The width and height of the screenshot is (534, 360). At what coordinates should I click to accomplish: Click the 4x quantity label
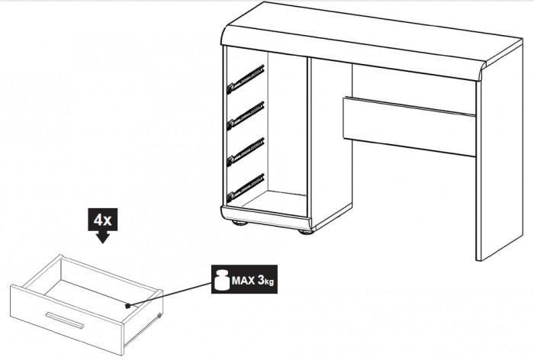(102, 220)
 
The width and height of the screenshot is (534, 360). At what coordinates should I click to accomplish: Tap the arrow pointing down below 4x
(102, 237)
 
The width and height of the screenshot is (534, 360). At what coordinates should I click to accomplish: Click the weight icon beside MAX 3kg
(222, 279)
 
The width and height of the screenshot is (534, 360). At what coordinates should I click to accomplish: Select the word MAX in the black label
(243, 281)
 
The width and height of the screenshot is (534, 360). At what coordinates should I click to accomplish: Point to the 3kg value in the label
(266, 281)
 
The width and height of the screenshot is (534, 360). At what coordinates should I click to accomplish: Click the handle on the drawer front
(65, 320)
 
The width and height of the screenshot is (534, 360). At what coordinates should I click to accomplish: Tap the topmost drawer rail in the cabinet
(245, 79)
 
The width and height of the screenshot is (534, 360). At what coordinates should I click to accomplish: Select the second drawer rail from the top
(245, 116)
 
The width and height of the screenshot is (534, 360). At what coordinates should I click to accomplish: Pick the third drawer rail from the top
(245, 152)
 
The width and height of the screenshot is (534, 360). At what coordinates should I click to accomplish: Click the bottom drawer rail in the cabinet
(245, 188)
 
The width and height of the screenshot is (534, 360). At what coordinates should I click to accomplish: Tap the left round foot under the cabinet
(239, 223)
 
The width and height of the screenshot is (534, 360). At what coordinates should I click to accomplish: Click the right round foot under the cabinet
(305, 232)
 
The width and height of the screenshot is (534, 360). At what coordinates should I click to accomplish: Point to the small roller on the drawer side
(159, 316)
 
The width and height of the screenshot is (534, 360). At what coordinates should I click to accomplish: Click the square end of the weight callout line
(127, 306)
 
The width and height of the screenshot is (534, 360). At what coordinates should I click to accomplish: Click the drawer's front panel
(67, 320)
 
